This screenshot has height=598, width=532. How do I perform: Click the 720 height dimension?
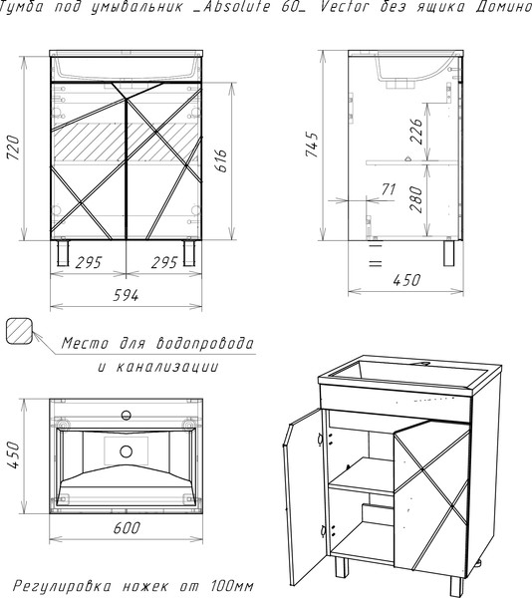(13, 147)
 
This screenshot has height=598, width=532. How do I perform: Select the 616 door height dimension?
(221, 160)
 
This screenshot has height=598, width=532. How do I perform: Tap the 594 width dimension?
(126, 295)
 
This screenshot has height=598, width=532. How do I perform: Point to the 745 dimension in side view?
(312, 145)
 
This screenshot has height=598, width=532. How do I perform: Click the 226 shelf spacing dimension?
(416, 132)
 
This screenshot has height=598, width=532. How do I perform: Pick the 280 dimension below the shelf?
(416, 199)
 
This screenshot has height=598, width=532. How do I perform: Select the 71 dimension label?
(389, 189)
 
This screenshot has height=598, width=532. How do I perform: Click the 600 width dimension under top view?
(127, 528)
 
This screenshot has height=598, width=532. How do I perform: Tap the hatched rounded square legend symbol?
(19, 331)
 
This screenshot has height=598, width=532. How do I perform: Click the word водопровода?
(204, 343)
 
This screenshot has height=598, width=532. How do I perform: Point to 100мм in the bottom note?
(231, 585)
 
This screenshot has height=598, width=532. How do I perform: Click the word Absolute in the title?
(236, 7)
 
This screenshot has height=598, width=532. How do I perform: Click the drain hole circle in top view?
(126, 451)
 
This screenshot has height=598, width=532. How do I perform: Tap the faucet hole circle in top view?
(126, 415)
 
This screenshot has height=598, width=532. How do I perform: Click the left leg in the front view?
(63, 252)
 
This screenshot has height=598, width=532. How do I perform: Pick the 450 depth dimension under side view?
(406, 280)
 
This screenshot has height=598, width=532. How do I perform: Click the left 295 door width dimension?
(89, 262)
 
